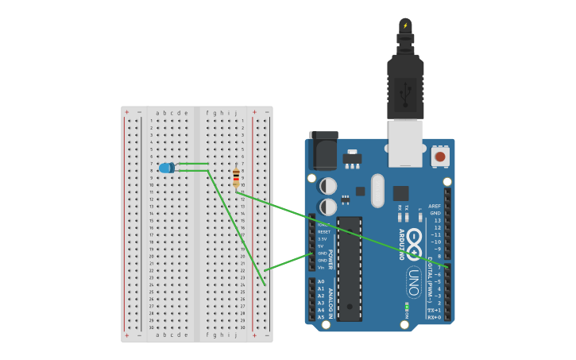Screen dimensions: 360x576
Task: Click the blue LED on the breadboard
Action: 166,168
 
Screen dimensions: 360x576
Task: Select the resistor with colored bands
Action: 236,177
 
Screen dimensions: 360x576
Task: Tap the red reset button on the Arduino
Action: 440,157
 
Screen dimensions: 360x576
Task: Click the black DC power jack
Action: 323,149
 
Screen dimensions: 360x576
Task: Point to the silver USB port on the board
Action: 405,143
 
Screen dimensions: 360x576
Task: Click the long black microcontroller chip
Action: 350,269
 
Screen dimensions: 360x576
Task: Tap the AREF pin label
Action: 435,206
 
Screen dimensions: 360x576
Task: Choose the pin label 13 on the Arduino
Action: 436,220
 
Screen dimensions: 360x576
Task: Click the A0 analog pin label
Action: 321,281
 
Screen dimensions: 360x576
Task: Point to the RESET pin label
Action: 323,231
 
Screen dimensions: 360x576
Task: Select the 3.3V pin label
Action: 322,238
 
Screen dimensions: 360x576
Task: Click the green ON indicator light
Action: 407,306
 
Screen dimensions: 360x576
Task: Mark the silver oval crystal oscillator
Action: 377,191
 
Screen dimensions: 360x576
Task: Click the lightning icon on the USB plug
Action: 405,25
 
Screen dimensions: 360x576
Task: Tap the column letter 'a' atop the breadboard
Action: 158,113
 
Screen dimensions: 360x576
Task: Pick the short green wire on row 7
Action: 192,164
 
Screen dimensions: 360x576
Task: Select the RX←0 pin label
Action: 435,317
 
